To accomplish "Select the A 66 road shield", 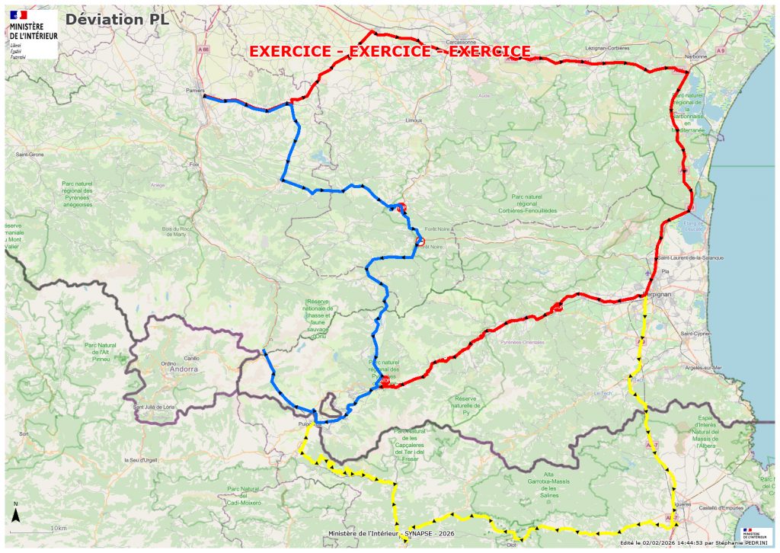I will (x=203, y=50).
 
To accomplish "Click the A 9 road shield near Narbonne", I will (x=720, y=50).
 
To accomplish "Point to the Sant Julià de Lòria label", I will (x=155, y=407).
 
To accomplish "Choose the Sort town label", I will (x=24, y=433).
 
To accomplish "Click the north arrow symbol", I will (x=16, y=514).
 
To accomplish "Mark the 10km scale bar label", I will (x=59, y=527).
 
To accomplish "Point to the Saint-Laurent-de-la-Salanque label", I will (x=691, y=257).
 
